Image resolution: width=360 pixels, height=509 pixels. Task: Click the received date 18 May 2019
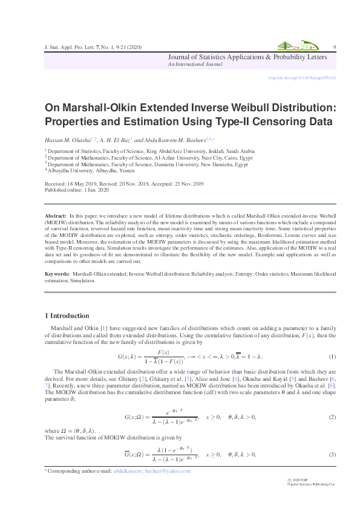pyautogui.click(x=82, y=184)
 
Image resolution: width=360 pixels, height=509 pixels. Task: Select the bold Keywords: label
pyautogui.click(x=58, y=274)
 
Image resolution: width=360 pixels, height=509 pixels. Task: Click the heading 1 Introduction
pyautogui.click(x=67, y=316)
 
